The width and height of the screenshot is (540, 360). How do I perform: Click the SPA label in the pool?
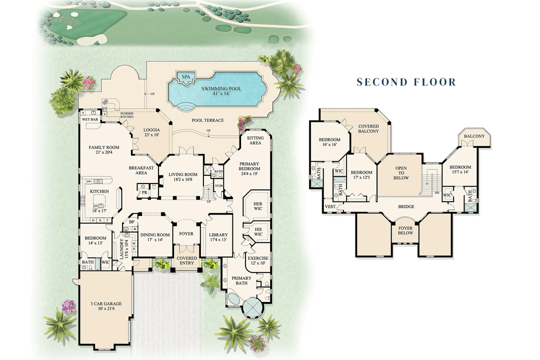pos(185,77)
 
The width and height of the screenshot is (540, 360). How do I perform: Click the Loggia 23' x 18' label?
pos(151,132)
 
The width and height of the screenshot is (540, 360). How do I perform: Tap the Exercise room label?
pos(258,261)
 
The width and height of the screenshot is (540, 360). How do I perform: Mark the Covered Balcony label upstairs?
pos(368,129)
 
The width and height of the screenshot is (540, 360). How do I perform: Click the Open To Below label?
pos(401,173)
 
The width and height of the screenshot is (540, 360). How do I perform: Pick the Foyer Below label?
pos(405,230)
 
